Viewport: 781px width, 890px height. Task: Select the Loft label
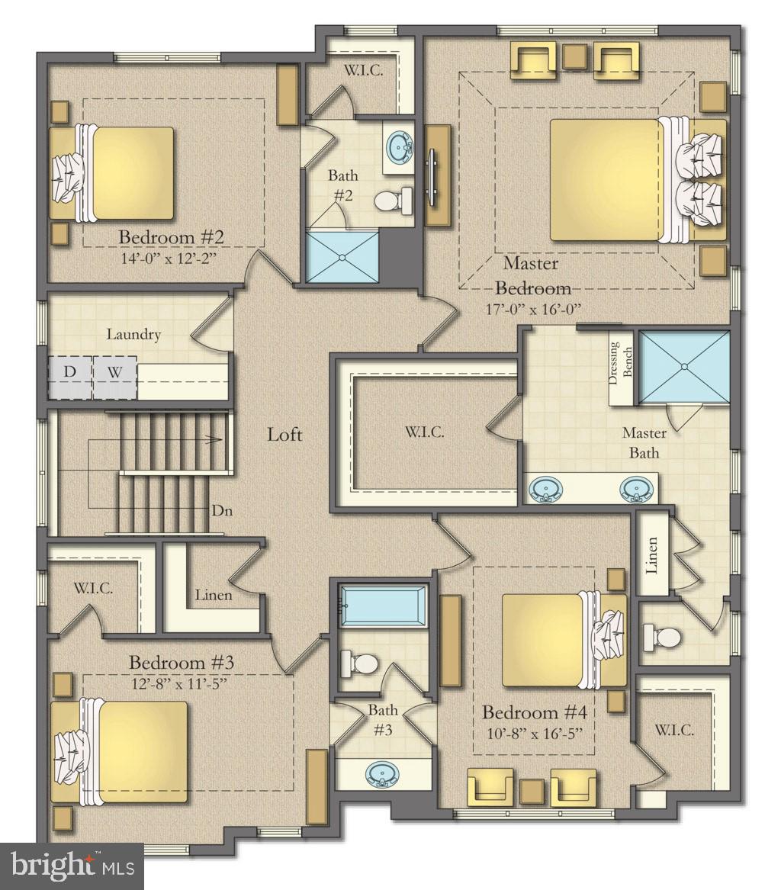[x=284, y=435]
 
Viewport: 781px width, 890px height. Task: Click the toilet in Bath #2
[x=390, y=201]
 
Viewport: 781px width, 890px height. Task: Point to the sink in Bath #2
[x=399, y=145]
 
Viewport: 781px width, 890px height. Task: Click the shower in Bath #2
[x=342, y=257]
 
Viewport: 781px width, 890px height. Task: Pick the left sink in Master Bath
[x=545, y=489]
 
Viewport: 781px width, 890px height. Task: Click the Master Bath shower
[x=683, y=366]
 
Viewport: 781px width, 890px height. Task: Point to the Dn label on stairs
[x=220, y=510]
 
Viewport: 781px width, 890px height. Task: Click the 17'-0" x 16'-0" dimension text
[x=533, y=310]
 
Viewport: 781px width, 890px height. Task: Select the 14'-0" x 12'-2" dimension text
[x=169, y=257]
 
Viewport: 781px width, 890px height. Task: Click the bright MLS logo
[x=72, y=866]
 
